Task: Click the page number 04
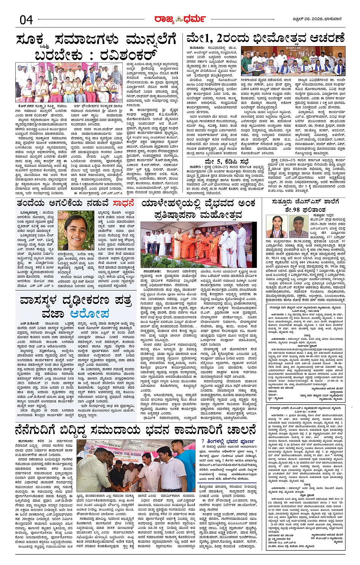[26, 19]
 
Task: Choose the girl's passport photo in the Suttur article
[280, 227]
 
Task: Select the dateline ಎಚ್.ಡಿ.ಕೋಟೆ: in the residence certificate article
[29, 323]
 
